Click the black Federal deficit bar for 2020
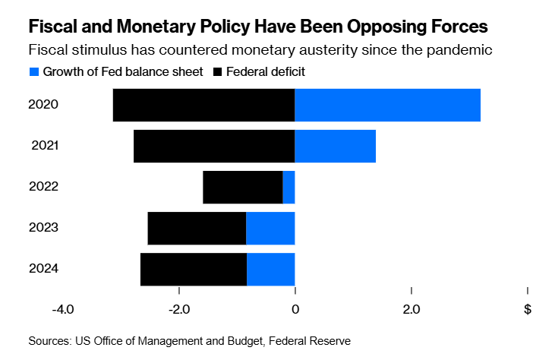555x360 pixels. coord(203,105)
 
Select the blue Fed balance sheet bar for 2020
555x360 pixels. coord(387,105)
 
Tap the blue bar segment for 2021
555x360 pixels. coord(335,146)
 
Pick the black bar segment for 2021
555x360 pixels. coord(214,146)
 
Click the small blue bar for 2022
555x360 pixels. coord(289,187)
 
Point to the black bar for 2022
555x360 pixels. coord(243,187)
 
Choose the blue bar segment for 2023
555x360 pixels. coord(270,228)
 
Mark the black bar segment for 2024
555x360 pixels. coord(194,269)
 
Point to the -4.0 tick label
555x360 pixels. coord(62,310)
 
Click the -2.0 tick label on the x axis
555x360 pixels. coord(178,310)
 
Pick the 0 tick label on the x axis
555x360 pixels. coord(295,310)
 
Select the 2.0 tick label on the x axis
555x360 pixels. coord(411,310)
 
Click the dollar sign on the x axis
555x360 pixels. coord(527,310)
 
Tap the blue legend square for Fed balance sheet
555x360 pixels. coord(33,72)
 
